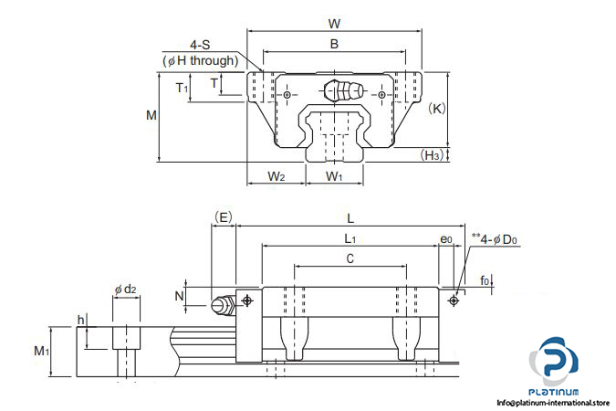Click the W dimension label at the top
click(x=334, y=24)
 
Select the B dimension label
click(x=334, y=44)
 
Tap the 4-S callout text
click(x=200, y=45)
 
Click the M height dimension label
click(x=151, y=115)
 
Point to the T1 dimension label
click(x=182, y=88)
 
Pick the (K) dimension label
click(x=437, y=108)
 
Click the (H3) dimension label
click(x=433, y=155)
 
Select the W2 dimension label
click(x=277, y=176)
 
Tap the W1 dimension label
click(x=334, y=176)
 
